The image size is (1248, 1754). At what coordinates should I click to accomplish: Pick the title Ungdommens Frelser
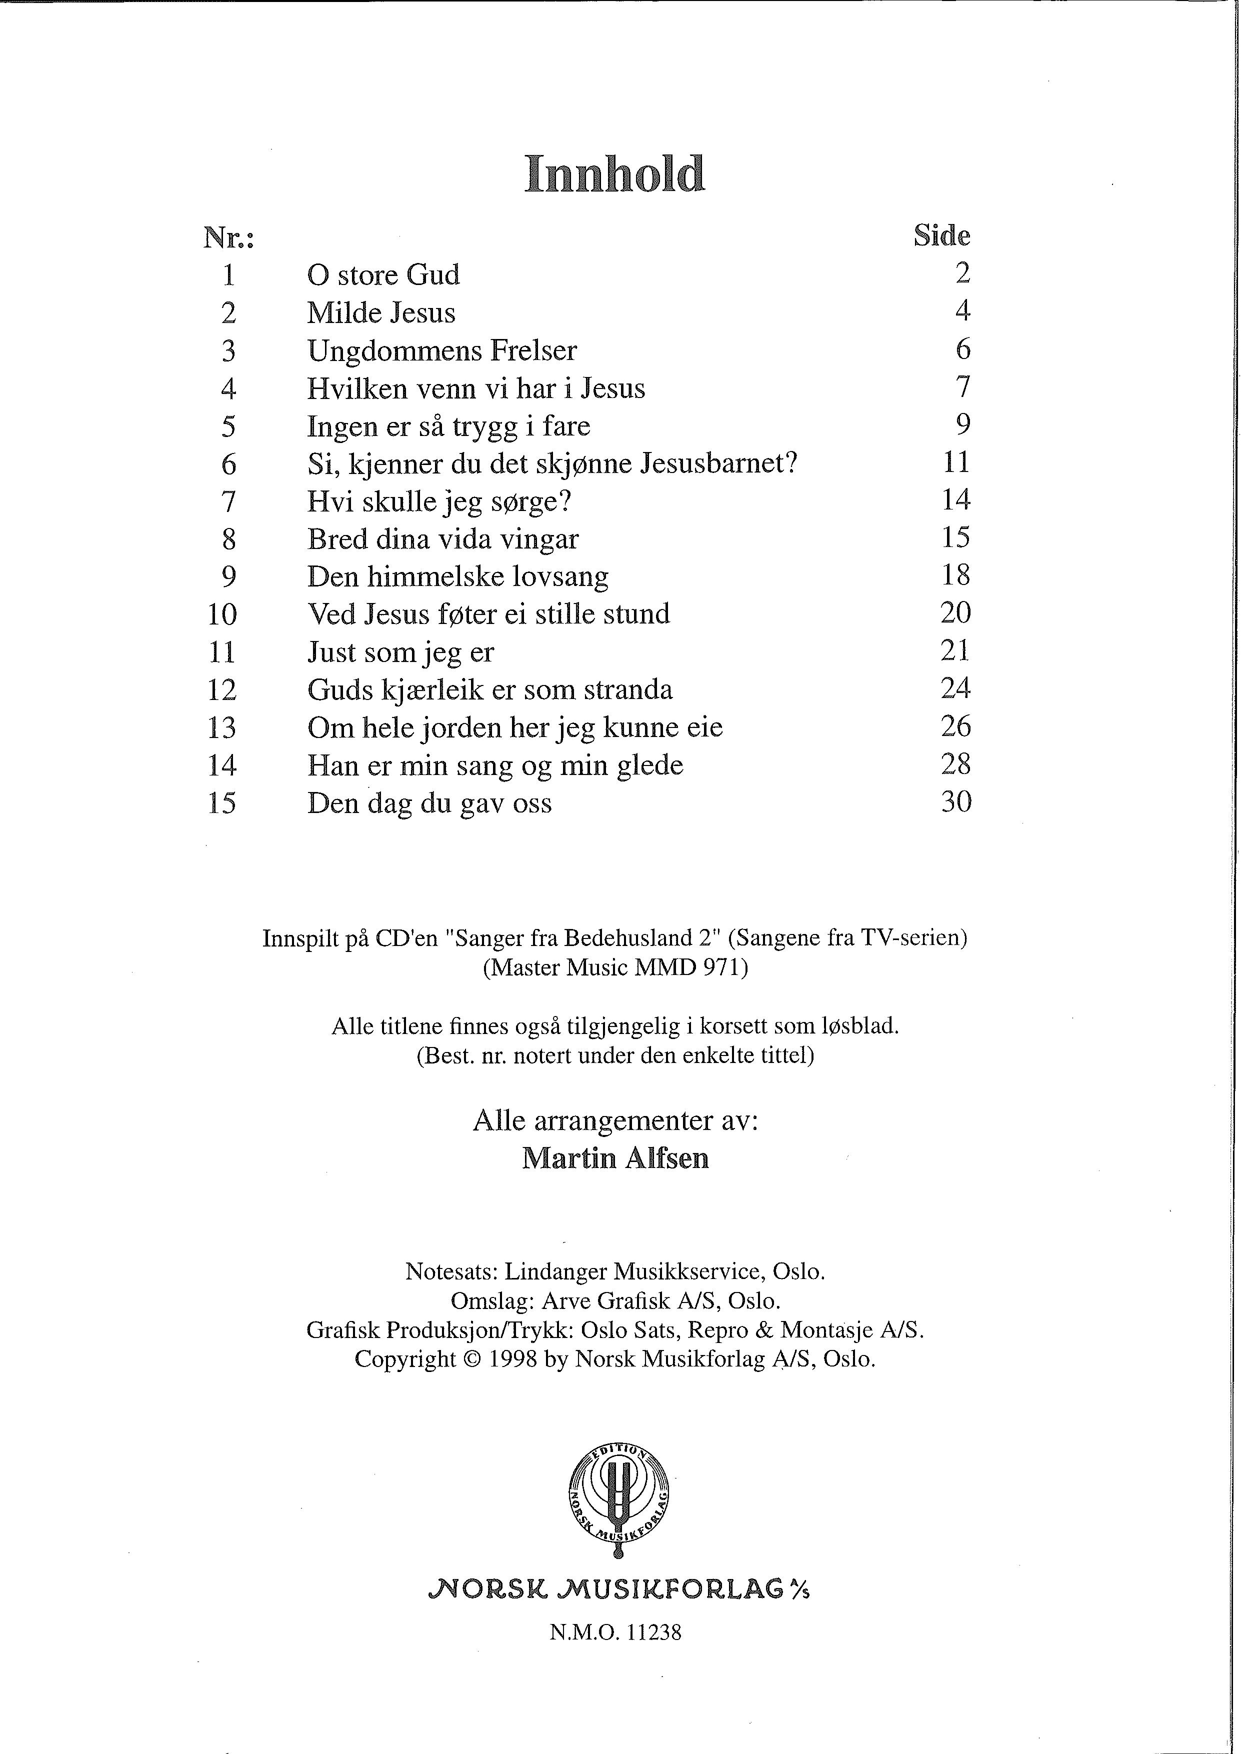coord(442,351)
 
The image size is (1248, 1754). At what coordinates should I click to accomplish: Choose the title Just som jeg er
coord(400,652)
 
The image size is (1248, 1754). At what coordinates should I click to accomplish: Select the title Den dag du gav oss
coord(429,803)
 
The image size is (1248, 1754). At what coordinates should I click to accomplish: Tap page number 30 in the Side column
coord(956,802)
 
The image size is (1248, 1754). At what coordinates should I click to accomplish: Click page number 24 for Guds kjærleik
coord(956,688)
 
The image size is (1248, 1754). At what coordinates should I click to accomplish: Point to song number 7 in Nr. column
coord(228,501)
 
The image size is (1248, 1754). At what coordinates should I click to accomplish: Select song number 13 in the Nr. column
coord(222,727)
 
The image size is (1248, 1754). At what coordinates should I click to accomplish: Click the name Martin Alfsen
coord(615,1158)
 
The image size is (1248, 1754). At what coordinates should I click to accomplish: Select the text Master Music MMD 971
coord(615,967)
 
